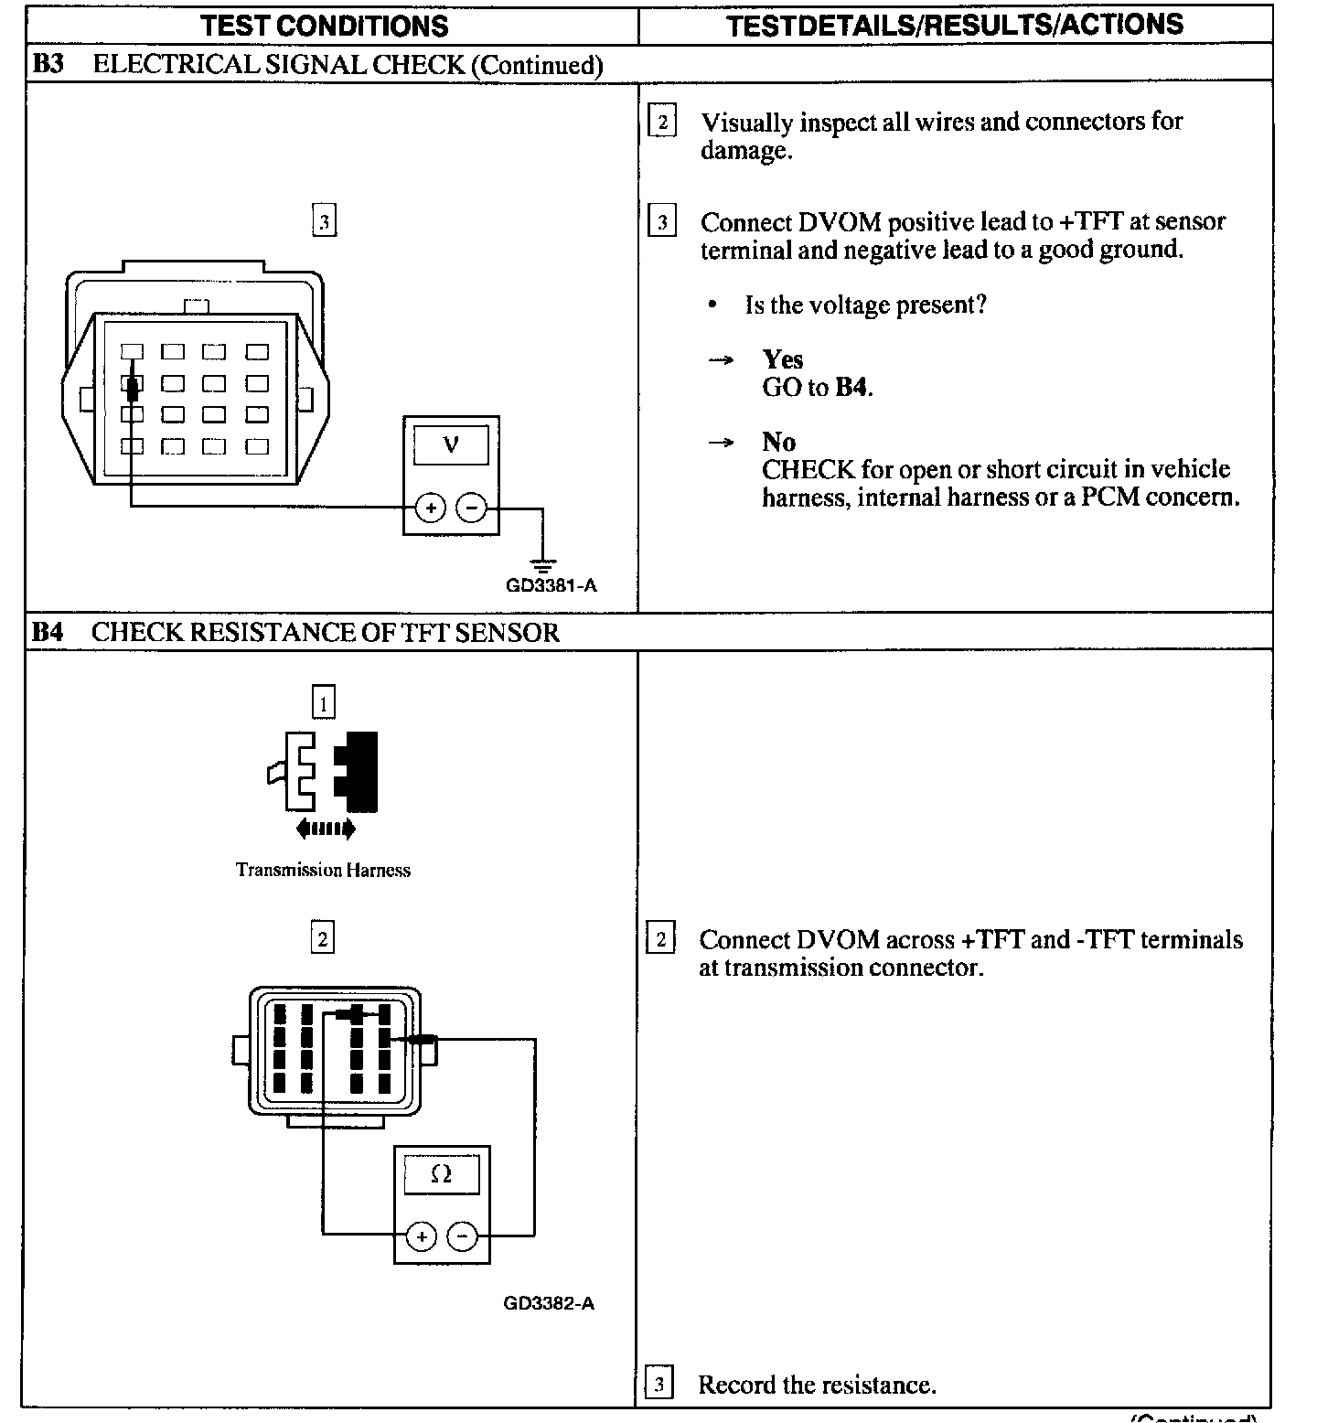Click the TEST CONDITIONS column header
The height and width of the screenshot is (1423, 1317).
[325, 26]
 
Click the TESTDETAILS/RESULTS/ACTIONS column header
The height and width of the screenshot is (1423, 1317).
[954, 25]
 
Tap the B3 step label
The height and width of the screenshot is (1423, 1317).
[47, 64]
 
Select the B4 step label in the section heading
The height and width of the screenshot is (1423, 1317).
[47, 632]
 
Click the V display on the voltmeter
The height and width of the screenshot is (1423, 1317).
[451, 445]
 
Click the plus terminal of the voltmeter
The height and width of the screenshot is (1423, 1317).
[430, 508]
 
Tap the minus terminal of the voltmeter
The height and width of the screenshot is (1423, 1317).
[471, 508]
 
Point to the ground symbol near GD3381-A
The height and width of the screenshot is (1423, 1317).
[543, 564]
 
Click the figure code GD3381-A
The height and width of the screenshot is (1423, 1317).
[551, 585]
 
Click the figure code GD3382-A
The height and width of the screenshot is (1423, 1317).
[549, 1303]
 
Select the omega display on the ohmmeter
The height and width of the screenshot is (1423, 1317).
[441, 1174]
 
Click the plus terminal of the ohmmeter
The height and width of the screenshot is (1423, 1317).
[421, 1237]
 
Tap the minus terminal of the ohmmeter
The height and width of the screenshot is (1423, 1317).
[463, 1237]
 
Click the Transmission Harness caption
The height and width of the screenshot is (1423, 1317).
[323, 870]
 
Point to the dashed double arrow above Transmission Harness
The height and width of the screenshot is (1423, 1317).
[326, 829]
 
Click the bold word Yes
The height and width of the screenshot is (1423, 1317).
[783, 359]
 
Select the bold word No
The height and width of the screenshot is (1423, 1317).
[778, 442]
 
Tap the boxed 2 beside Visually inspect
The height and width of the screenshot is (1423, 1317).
[661, 122]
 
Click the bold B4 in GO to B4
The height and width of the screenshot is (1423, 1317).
[851, 388]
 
